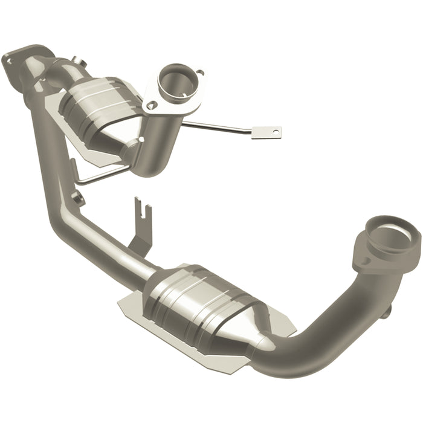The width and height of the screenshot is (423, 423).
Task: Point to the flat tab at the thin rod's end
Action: (266, 131)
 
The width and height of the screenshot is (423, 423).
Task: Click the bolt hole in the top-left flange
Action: (8, 59)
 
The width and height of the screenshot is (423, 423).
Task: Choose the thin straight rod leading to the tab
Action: (218, 128)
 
